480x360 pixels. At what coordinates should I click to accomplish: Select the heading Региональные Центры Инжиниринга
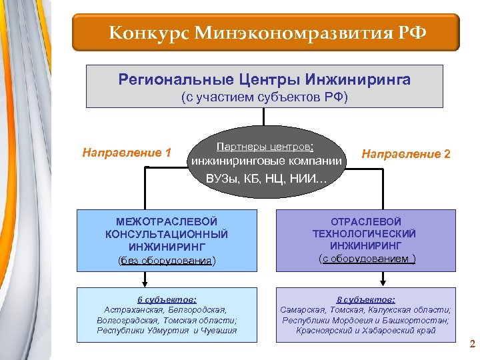coord(265,80)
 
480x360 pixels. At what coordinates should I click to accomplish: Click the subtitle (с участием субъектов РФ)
coord(265,97)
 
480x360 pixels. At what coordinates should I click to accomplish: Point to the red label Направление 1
coord(127,153)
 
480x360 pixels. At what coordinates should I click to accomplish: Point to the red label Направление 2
coord(406,154)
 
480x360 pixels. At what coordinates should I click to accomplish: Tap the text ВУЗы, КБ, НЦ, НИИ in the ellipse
coord(267,177)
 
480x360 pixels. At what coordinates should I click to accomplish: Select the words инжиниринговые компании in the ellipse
coord(267,161)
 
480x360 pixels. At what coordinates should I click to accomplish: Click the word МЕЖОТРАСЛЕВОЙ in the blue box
coord(167,221)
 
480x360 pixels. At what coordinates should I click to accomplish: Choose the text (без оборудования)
coord(167,260)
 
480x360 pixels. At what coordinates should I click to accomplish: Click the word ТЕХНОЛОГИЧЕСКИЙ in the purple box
coord(364,233)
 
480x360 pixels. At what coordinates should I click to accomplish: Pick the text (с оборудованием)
coord(367,258)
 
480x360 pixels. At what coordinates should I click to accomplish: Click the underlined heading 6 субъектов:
coord(167,299)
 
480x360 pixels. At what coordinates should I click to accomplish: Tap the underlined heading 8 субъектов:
coord(366,299)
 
